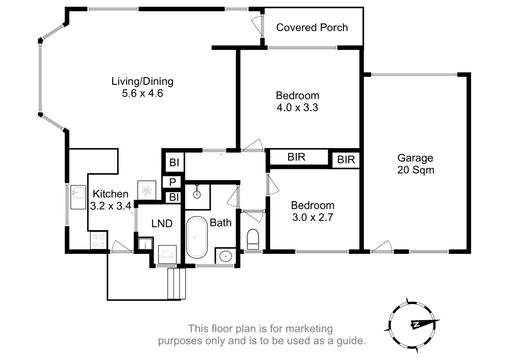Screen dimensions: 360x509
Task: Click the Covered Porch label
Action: coord(312,27)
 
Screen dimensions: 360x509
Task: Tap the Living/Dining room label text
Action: coord(142,81)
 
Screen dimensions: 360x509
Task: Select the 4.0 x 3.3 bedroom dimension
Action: coord(297,108)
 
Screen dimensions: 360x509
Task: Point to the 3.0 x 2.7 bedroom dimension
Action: coord(313,217)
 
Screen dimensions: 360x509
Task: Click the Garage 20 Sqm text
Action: coord(415,164)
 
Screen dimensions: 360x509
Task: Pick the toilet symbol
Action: coord(253,239)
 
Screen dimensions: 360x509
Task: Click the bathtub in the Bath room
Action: coord(196,237)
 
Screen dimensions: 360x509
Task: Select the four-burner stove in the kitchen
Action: coord(99,241)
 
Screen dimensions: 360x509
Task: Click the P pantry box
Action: coord(172,182)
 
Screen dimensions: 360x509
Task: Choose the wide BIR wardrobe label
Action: coord(296,157)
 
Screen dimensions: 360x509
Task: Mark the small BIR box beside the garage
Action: coord(346,160)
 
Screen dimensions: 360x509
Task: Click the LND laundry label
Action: coord(162,223)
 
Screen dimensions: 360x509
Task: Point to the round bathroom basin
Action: coord(226,256)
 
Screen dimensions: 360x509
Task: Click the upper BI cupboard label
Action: coord(174,163)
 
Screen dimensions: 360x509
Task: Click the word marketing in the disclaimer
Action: coord(309,329)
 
